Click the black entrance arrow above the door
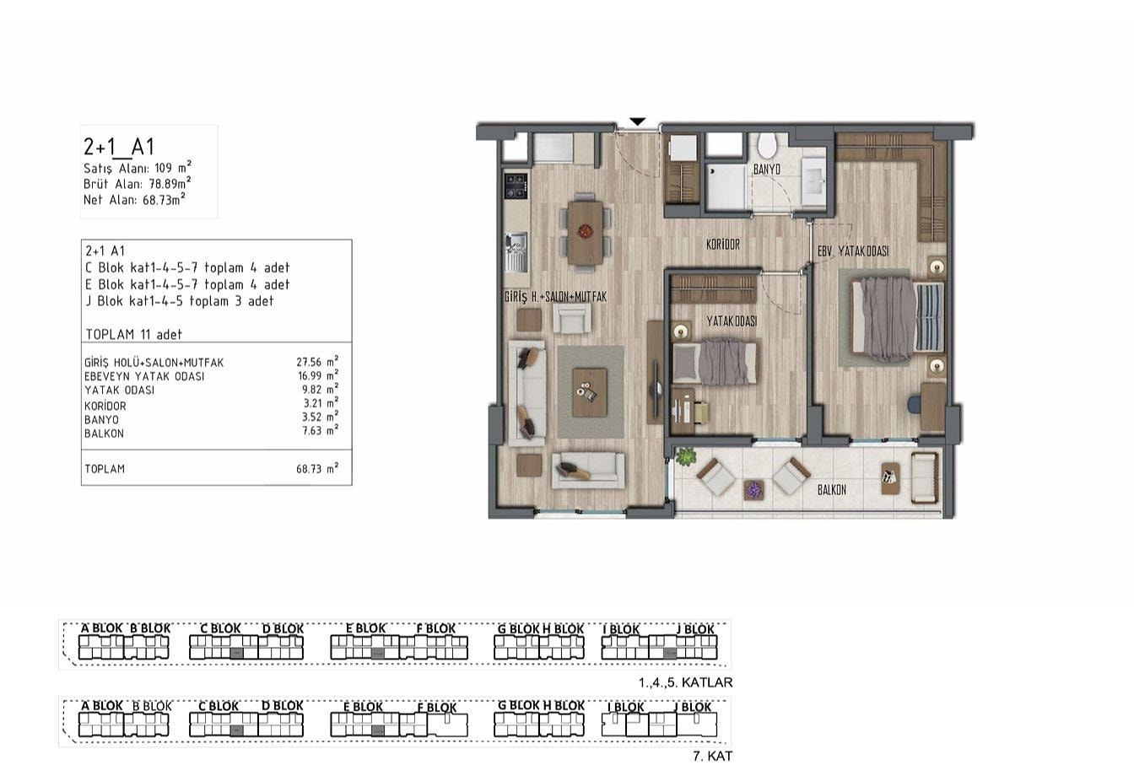638,121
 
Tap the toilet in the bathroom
768,145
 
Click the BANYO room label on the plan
766,170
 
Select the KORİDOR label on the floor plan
723,245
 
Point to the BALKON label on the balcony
832,490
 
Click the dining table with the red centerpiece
586,233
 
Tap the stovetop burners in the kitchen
516,186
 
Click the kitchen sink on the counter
516,251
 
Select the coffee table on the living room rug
589,392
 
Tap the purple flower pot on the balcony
753,490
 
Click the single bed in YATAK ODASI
715,363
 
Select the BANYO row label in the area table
102,420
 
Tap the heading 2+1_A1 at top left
119,147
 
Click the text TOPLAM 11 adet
133,335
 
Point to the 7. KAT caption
712,757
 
